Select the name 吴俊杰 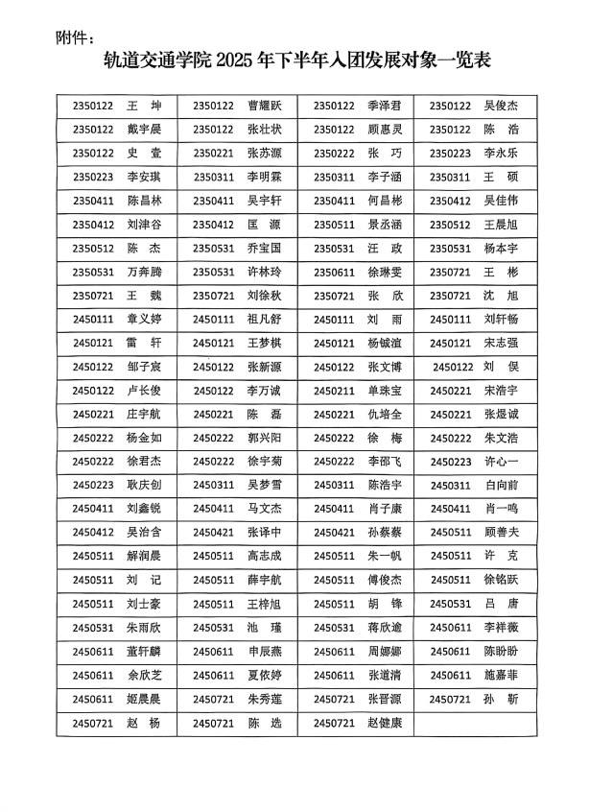pyautogui.click(x=500, y=106)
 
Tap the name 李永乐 pyautogui.click(x=500, y=153)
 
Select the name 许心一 pyautogui.click(x=500, y=462)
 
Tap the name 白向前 pyautogui.click(x=500, y=486)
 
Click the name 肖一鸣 pyautogui.click(x=500, y=509)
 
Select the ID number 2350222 pyautogui.click(x=334, y=153)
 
